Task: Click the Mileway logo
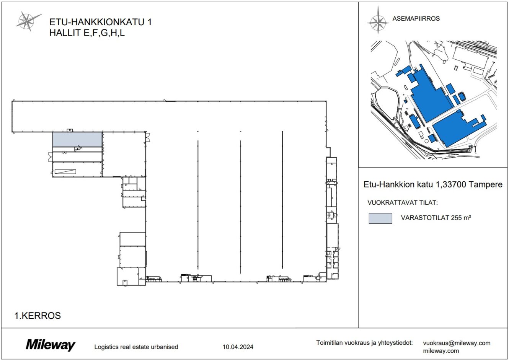(51, 345)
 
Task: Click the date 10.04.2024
(238, 347)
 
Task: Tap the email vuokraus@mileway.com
(457, 343)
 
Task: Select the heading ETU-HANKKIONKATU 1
(100, 22)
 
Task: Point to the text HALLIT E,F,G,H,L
(87, 33)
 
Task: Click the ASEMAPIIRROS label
(416, 18)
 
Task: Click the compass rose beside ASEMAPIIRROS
(378, 20)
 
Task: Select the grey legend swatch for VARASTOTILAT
(380, 218)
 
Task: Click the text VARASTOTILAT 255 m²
(436, 218)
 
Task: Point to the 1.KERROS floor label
(38, 316)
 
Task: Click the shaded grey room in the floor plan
(77, 139)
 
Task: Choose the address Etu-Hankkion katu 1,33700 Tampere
(432, 185)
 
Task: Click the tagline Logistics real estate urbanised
(136, 347)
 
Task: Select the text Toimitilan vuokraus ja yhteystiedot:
(364, 343)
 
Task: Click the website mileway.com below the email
(441, 350)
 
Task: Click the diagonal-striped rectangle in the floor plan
(65, 171)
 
